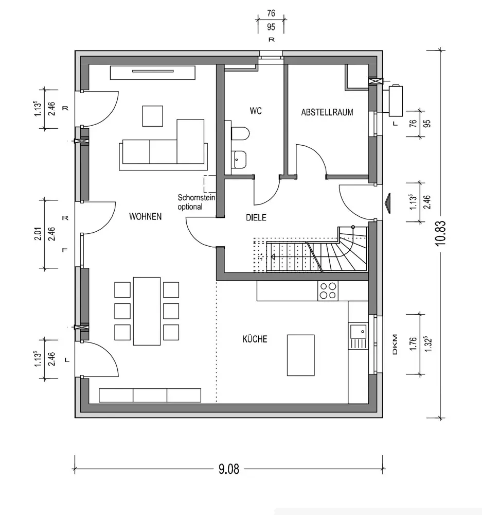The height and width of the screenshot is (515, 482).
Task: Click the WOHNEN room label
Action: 146,216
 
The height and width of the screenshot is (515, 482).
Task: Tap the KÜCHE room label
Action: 255,339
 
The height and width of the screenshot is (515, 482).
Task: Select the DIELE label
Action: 256,217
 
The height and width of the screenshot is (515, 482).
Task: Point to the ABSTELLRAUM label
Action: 327,112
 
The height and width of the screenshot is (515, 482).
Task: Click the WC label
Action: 256,111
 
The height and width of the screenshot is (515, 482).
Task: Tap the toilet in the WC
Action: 241,134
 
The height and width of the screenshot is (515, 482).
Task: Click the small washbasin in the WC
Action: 239,159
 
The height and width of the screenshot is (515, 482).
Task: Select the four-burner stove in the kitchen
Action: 328,290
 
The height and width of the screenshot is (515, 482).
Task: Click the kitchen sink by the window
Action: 358,336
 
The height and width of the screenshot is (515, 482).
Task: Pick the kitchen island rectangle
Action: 300,355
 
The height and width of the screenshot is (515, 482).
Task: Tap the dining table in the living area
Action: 147,311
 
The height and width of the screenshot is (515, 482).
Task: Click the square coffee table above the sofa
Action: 153,116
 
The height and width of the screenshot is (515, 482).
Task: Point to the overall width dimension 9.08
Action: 229,469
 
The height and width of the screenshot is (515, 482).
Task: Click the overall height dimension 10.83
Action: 440,233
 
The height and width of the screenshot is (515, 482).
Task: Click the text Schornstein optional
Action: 196,202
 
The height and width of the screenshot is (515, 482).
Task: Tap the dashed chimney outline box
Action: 210,184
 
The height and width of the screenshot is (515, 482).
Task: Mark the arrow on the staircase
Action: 289,257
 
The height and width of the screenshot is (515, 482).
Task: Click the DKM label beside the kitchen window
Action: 395,345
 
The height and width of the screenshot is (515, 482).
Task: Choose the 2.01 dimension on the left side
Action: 39,233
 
